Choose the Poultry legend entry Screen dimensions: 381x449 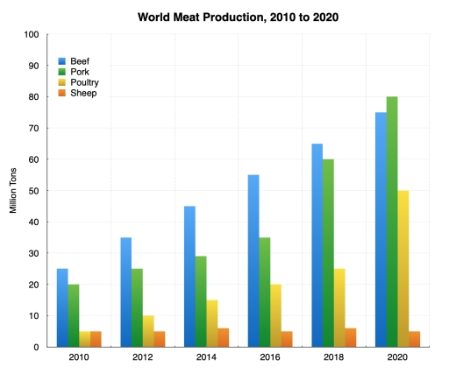pos(83,81)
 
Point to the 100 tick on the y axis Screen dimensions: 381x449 pos(32,35)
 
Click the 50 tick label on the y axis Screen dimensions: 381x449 pos(33,191)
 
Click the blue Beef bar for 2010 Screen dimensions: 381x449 pos(62,307)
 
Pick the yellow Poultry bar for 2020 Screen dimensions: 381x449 pos(403,269)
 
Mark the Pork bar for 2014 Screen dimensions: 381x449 pos(200,301)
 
